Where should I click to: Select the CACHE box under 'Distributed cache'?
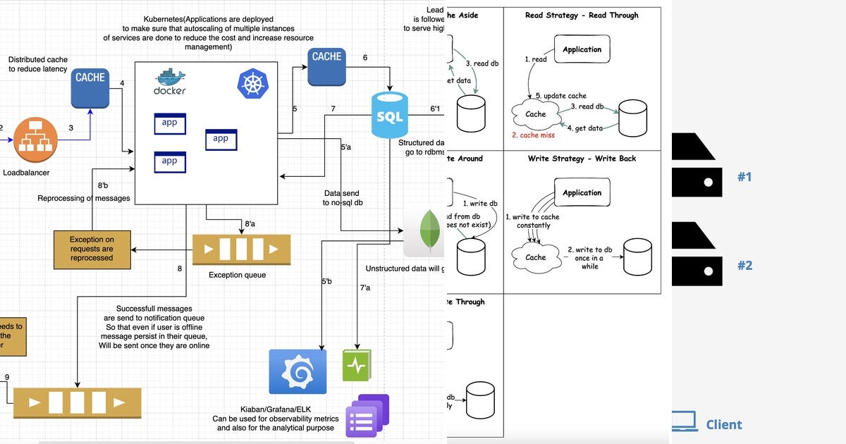[x=90, y=88]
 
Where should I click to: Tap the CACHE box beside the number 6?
[x=326, y=66]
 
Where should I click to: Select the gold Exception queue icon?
[x=241, y=249]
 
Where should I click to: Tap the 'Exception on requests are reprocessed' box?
[x=92, y=249]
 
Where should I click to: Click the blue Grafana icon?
[x=298, y=371]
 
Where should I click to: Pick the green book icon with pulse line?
[x=357, y=366]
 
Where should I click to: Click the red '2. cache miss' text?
[x=533, y=135]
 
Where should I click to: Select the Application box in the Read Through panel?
[x=582, y=49]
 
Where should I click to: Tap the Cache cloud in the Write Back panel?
[x=535, y=257]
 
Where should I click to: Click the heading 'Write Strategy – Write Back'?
[x=582, y=159]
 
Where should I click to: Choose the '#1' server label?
[x=744, y=177]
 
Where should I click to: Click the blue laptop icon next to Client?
[x=683, y=422]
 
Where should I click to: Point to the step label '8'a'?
[x=250, y=224]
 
